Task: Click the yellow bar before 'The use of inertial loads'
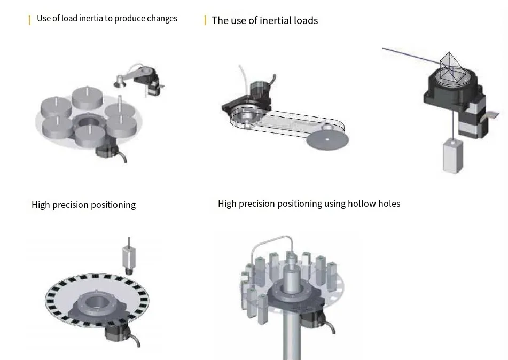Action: [206, 21]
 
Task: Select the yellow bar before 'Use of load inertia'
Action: [30, 20]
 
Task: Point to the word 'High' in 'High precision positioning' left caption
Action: [41, 205]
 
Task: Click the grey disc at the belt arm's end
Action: [326, 139]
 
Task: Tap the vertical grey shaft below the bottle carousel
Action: [294, 336]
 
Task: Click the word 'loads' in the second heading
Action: [306, 21]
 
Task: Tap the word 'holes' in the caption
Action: [388, 204]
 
